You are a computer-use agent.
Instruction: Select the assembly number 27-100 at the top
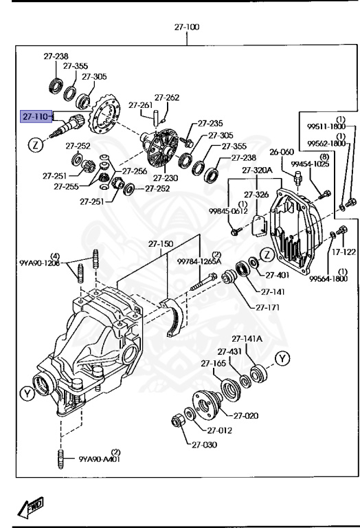186,27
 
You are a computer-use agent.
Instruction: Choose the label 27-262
166,98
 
